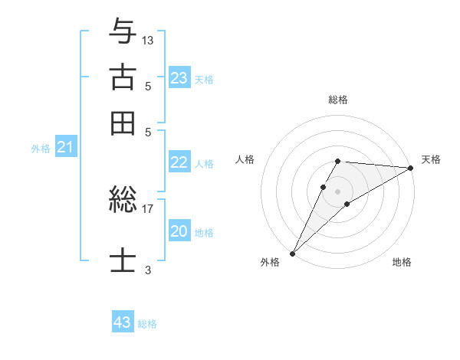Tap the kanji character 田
click(x=123, y=123)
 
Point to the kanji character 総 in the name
click(x=123, y=201)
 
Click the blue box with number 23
click(x=179, y=78)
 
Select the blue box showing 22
click(x=179, y=162)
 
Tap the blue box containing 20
click(x=179, y=231)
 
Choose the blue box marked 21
click(x=65, y=148)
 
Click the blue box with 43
click(x=123, y=322)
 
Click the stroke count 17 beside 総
click(x=148, y=208)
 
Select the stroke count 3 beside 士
click(x=148, y=270)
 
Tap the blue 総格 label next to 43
click(x=147, y=324)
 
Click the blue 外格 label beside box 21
click(x=41, y=149)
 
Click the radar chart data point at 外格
click(x=292, y=253)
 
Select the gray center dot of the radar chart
click(x=337, y=191)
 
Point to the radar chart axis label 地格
click(x=402, y=263)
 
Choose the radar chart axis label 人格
click(x=245, y=159)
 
